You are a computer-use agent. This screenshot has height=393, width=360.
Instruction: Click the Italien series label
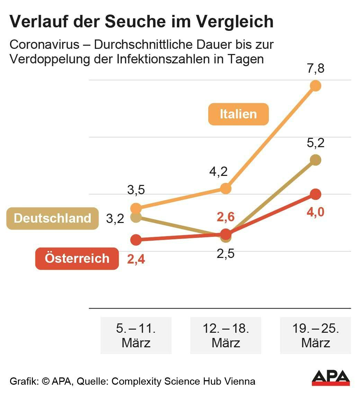click(x=238, y=114)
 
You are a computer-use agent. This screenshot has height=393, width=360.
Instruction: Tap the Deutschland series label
click(x=53, y=218)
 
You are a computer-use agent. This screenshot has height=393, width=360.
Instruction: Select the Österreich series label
click(x=77, y=258)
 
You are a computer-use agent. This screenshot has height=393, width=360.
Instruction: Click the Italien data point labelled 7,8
click(x=316, y=86)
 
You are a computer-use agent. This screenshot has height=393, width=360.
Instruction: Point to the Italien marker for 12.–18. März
click(x=226, y=189)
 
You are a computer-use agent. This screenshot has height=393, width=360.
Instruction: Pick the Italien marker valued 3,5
click(x=136, y=208)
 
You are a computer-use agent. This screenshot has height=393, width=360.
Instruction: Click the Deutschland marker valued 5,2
click(x=316, y=160)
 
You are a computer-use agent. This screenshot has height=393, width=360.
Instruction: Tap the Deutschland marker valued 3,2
click(x=136, y=217)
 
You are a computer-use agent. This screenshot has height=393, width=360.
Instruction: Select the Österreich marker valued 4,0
click(x=316, y=194)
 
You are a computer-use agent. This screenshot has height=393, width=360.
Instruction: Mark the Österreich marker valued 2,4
click(x=136, y=239)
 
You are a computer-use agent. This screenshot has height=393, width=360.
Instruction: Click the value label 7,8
click(x=316, y=69)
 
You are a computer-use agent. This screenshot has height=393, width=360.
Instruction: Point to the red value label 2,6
click(x=226, y=217)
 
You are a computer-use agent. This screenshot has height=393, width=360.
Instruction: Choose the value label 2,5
click(x=226, y=253)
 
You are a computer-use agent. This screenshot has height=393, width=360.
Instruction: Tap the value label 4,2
click(x=219, y=172)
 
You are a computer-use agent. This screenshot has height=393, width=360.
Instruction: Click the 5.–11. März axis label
click(x=136, y=335)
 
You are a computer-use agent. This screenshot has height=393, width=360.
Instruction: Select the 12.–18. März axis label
click(x=226, y=335)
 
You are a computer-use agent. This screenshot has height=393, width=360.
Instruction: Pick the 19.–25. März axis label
click(x=316, y=335)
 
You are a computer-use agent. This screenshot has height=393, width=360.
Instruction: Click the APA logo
click(x=331, y=378)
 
